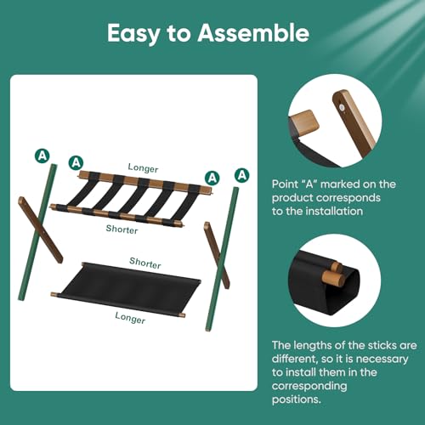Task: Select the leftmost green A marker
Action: coord(40,155)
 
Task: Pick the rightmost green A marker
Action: coord(242,174)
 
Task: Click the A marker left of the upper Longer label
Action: coord(76,161)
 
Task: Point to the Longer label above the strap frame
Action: coord(143,168)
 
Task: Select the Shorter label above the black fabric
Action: coord(145,264)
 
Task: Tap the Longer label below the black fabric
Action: coord(130,319)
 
